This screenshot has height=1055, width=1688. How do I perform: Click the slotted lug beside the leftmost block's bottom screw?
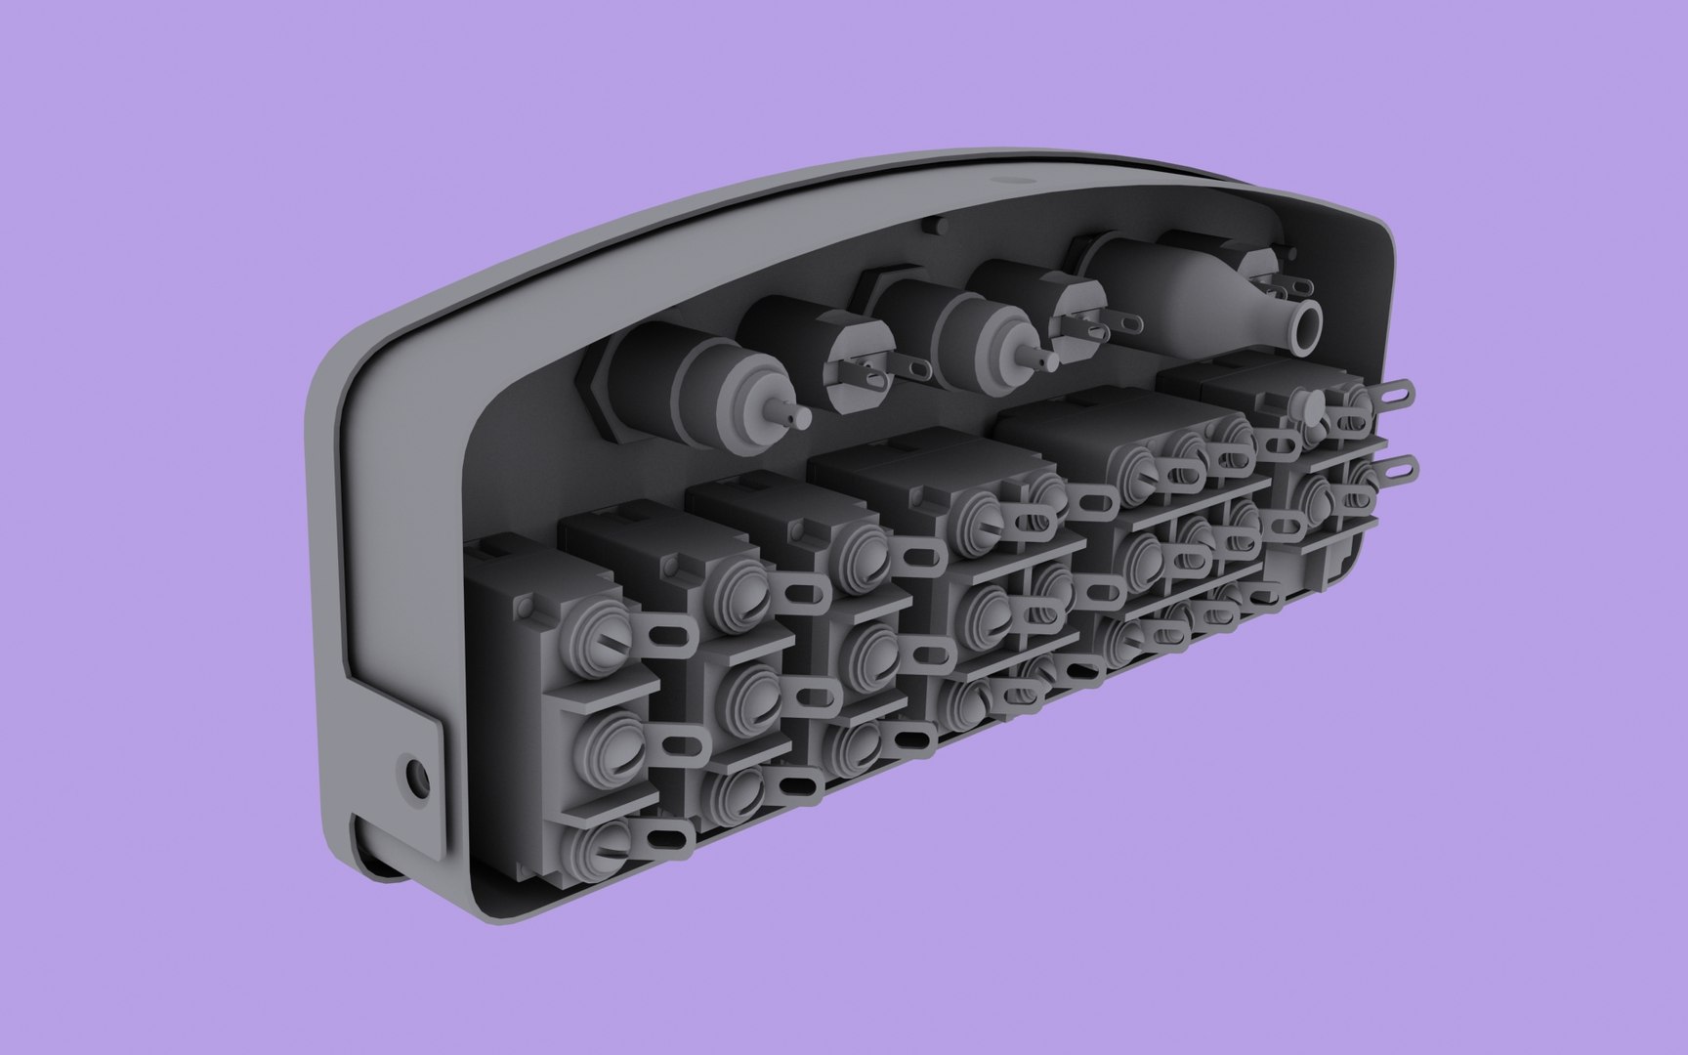click(x=667, y=842)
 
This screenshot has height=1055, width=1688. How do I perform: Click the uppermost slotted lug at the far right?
click(x=1396, y=396)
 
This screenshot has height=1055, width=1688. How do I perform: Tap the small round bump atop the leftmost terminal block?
click(x=528, y=608)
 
